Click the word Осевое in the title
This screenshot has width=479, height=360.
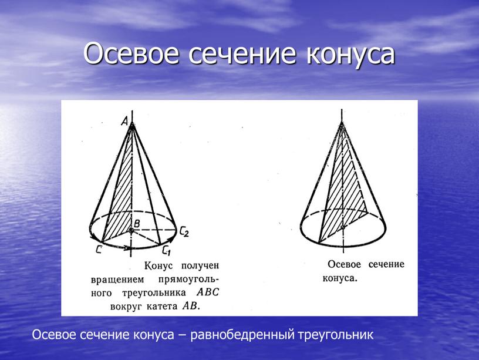coord(131,54)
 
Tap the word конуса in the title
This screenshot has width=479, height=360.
coord(351,55)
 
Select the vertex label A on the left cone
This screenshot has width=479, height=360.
coord(124,122)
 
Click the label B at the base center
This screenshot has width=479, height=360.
coord(137,224)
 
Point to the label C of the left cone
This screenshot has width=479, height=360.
coord(99,250)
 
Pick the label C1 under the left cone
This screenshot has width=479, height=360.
coord(166,251)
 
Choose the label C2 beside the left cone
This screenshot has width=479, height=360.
coord(184,232)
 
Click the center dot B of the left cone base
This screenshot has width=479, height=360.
coord(131,230)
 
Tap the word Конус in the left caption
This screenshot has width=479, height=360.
coord(158,266)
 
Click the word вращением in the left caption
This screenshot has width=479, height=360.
coord(117,280)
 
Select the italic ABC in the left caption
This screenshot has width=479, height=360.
coord(208,292)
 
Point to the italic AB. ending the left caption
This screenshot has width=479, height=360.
coord(191,305)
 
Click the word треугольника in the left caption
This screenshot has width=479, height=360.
coord(154,293)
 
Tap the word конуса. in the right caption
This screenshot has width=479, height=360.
coord(340,278)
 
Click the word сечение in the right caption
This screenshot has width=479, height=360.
coord(386,264)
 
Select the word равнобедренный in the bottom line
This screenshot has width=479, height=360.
coord(243,335)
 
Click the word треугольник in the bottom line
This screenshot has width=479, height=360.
coord(335,335)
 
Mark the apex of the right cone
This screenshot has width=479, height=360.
coord(342,123)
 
